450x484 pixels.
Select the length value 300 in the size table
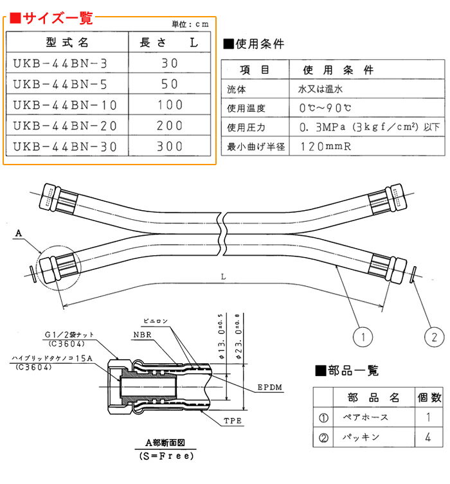(x=170, y=147)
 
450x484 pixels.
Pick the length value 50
(x=170, y=85)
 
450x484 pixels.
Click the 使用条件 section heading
(x=256, y=44)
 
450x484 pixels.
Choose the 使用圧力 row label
(x=245, y=128)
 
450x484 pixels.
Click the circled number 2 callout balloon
(x=435, y=336)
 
